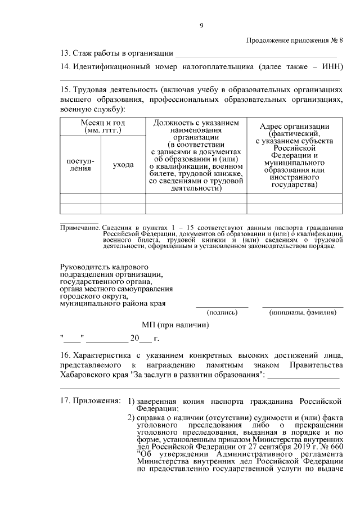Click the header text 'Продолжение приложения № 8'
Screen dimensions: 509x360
tap(294, 40)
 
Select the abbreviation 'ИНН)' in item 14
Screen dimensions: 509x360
tap(332, 67)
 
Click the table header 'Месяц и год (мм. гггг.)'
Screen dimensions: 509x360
tap(103, 127)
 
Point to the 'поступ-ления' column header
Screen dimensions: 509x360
tap(80, 164)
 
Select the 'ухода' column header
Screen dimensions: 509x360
tap(123, 165)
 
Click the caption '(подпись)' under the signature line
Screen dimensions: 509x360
tap(222, 312)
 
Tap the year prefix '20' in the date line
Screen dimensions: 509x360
tap(134, 339)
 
